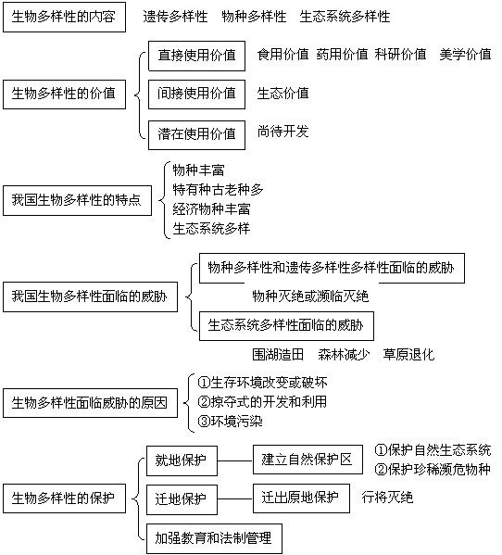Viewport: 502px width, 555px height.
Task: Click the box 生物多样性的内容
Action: click(x=64, y=17)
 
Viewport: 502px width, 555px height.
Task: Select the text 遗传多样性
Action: click(x=175, y=17)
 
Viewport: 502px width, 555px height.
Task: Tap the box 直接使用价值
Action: click(x=196, y=56)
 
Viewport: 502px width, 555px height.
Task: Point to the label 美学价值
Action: click(x=465, y=55)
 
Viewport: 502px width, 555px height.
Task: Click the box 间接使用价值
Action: click(x=196, y=95)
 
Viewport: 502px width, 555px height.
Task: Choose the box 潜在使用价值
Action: click(x=196, y=135)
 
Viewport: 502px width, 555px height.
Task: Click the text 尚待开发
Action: click(x=283, y=132)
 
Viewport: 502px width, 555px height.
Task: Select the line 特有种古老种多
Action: click(x=218, y=190)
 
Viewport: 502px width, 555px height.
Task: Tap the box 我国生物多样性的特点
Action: click(x=77, y=200)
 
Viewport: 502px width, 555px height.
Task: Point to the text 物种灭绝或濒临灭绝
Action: click(x=310, y=296)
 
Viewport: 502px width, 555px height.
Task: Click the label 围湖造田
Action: click(x=278, y=354)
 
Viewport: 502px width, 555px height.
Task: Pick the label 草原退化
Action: click(x=408, y=354)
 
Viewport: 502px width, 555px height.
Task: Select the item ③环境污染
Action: click(x=230, y=422)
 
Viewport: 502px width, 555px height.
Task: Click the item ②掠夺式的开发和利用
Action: click(x=262, y=402)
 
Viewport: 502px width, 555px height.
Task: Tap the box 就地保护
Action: click(x=182, y=460)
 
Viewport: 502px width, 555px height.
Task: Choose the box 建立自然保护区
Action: click(x=307, y=460)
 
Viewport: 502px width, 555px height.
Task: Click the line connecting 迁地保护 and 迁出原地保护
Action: click(x=235, y=499)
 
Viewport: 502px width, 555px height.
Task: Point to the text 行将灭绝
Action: click(x=387, y=498)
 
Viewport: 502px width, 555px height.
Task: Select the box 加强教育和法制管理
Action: click(x=214, y=538)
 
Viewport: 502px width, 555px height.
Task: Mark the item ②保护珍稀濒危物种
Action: click(x=433, y=470)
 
